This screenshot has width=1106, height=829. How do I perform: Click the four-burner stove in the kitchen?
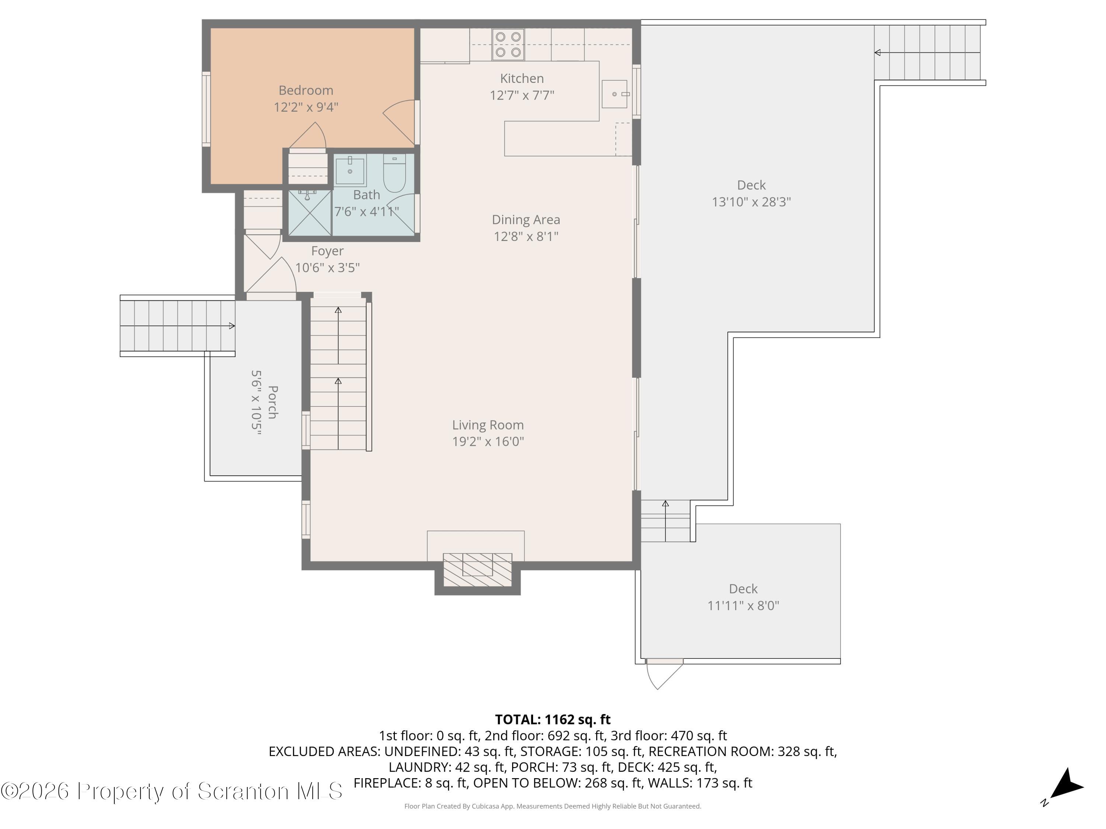click(x=508, y=45)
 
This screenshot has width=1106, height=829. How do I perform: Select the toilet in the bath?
click(x=394, y=174)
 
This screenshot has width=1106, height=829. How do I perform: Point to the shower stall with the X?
click(x=310, y=212)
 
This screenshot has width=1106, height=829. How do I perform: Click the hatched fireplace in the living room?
click(x=477, y=570)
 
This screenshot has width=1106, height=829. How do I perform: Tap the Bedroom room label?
click(x=306, y=90)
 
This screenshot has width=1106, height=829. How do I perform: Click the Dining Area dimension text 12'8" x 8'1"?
click(x=526, y=237)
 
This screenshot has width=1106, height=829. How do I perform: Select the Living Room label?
click(x=488, y=425)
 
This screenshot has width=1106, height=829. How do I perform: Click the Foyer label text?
click(x=327, y=251)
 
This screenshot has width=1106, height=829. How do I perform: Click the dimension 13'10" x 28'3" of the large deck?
click(x=751, y=202)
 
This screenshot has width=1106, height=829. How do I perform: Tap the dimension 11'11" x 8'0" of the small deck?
click(x=743, y=606)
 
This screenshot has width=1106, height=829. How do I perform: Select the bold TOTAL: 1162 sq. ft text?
click(x=553, y=720)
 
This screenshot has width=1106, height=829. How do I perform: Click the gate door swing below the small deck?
click(x=664, y=674)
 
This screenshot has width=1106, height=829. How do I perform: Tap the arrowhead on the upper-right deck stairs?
click(x=877, y=52)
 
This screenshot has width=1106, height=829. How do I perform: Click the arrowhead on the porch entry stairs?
click(x=232, y=326)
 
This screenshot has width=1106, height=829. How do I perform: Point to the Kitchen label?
click(x=522, y=78)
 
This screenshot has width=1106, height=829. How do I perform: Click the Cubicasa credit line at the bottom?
click(x=553, y=806)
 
